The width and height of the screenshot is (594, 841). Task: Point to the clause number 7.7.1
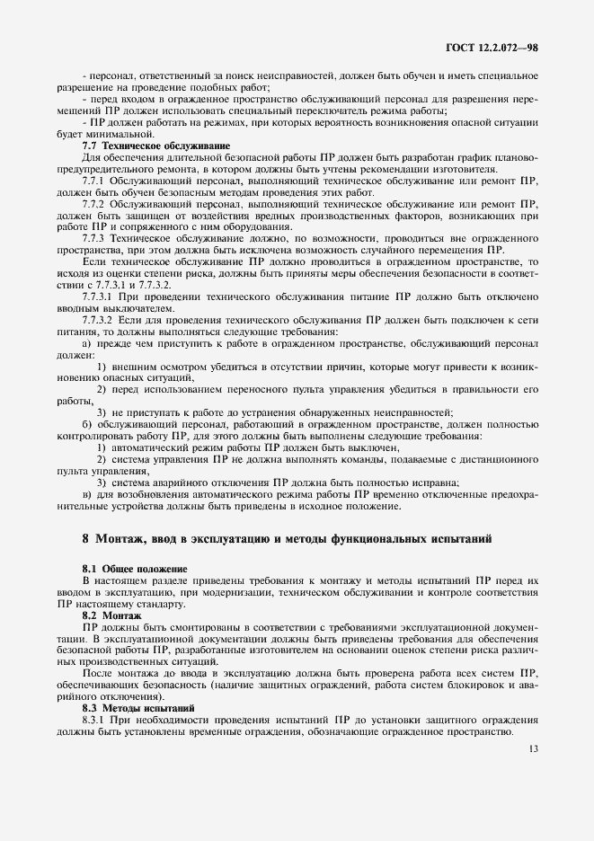pos(96,180)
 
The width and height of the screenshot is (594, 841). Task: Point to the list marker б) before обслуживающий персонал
pos(87,424)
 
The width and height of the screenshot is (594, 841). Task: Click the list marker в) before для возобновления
pos(87,494)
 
